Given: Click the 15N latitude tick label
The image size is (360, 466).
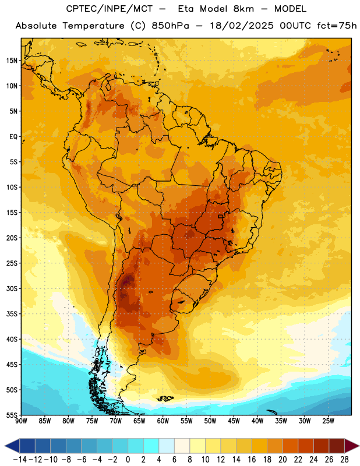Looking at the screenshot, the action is pos(12,61).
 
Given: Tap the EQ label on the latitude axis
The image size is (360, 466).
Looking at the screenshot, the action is pos(13,137).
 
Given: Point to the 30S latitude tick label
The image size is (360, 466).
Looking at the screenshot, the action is pos(12,288).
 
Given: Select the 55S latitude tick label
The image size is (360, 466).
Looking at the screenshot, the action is pos(12,415).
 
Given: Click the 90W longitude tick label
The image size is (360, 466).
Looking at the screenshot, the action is pos(22,421).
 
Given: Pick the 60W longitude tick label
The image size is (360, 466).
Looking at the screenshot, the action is pos(163,421).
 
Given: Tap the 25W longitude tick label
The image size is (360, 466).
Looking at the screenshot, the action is pos(328,421).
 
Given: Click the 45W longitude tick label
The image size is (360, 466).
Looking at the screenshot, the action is pos(234,421).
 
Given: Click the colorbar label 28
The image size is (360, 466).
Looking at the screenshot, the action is pos(344,460).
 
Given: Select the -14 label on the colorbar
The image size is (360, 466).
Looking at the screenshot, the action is pos(20,460).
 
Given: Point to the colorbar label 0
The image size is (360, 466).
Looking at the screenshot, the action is pos(128,460).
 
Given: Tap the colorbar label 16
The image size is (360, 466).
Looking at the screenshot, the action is pos(252,460).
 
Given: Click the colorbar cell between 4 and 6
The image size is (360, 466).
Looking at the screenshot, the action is pos(167,446).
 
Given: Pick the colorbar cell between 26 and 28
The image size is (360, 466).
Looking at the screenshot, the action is pos(337,446).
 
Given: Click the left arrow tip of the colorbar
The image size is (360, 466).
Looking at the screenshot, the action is pos(5,446).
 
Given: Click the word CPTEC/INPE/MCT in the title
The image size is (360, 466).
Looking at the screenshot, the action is pos(109,9).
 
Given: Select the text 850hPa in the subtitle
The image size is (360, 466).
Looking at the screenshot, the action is pos(170,26).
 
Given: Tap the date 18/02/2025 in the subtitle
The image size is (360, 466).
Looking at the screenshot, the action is pos(242,26).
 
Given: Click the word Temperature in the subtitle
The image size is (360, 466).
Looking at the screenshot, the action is pos(93,26).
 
